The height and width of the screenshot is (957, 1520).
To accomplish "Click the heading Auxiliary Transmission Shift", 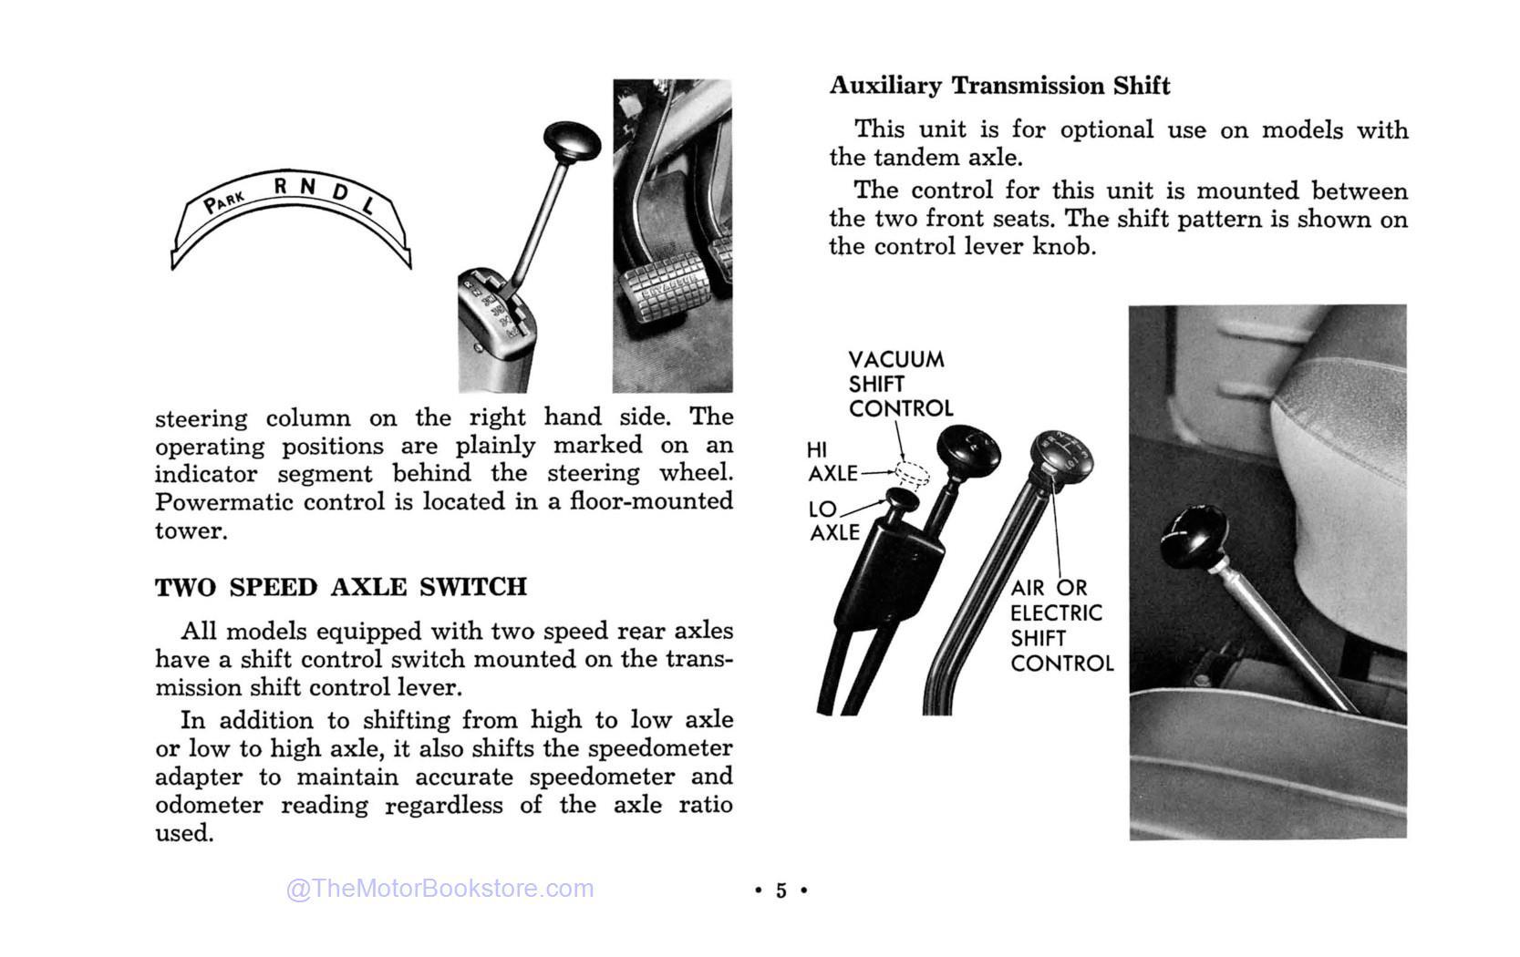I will click(x=998, y=86).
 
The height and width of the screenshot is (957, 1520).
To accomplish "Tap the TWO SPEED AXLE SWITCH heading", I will click(x=341, y=587).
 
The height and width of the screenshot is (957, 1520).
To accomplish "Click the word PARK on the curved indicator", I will click(x=224, y=201).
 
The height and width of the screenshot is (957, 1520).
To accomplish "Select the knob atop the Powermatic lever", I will click(x=572, y=141).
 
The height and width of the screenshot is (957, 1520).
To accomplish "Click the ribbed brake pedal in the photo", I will click(x=662, y=293).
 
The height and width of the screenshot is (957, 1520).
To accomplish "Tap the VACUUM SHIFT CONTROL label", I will click(x=900, y=384).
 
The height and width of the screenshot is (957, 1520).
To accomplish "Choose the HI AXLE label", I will click(x=831, y=462).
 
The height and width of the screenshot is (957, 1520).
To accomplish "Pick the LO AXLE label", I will click(x=833, y=520).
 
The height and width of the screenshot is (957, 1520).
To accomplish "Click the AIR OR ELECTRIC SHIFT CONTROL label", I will click(x=1060, y=625).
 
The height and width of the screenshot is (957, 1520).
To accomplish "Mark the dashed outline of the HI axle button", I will click(x=912, y=473).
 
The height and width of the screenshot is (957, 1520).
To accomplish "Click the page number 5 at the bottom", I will click(x=781, y=890).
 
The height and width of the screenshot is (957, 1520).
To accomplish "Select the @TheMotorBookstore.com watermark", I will click(x=439, y=889).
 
